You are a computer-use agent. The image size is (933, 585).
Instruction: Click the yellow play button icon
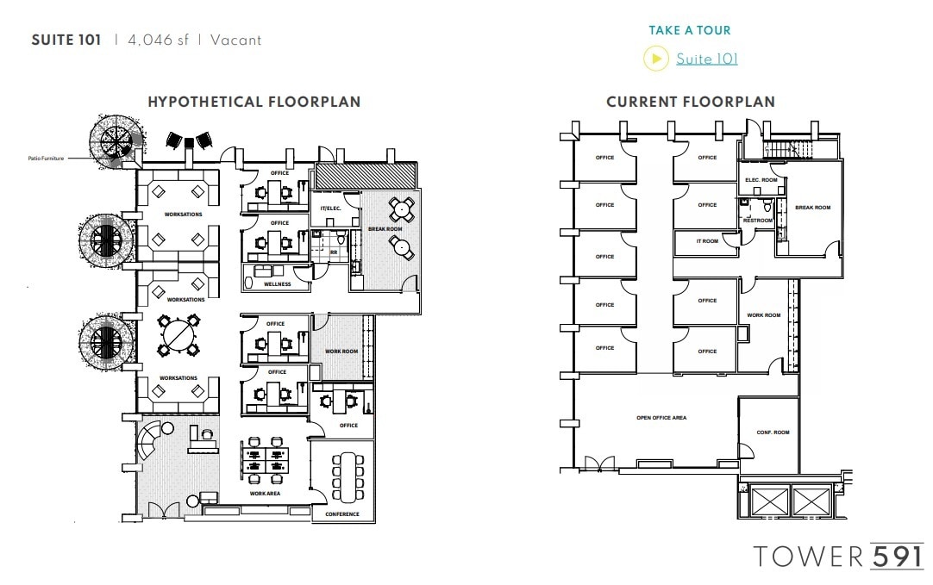(656, 59)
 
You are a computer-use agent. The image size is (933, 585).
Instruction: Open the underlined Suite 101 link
(706, 59)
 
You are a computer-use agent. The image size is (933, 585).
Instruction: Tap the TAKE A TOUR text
(689, 30)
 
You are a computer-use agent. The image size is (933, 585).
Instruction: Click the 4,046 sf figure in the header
(158, 40)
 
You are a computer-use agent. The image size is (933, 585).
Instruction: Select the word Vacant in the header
(234, 40)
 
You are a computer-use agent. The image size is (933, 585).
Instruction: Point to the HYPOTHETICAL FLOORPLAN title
(254, 102)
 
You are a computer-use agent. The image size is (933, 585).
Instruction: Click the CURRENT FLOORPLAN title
(690, 102)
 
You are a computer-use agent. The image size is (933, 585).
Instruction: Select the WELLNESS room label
(277, 284)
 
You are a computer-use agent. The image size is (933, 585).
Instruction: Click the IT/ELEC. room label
(331, 208)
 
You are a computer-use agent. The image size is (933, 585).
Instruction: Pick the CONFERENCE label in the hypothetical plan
(342, 514)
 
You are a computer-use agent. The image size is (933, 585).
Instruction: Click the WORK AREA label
(265, 494)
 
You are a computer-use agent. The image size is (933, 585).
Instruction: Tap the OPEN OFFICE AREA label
(661, 418)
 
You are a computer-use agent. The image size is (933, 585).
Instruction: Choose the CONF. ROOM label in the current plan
(773, 433)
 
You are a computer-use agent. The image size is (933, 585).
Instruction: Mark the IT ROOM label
(707, 241)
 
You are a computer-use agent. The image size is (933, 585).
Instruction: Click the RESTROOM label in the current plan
(758, 221)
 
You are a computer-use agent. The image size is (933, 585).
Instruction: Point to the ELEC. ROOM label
(761, 180)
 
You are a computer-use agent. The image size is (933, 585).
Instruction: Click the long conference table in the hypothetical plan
(349, 476)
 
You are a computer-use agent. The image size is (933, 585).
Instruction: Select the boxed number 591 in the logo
(897, 556)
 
